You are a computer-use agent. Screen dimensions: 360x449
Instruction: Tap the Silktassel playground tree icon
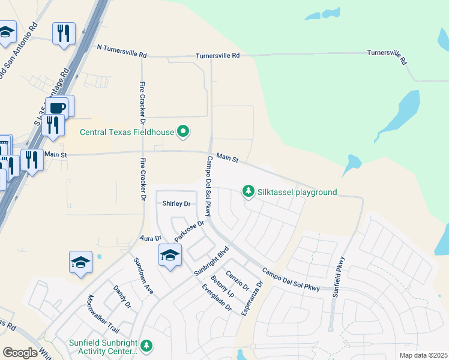tap(248, 192)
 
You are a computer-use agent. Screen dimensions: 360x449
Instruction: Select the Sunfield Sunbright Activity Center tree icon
tap(146, 346)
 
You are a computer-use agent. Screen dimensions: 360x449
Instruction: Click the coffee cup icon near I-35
tap(58, 108)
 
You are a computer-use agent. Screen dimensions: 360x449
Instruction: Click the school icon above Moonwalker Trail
tap(80, 262)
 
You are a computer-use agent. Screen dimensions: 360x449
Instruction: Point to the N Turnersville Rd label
tap(122, 54)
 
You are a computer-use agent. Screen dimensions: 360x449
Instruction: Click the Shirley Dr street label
tap(176, 204)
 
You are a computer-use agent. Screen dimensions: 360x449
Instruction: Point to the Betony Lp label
tap(222, 286)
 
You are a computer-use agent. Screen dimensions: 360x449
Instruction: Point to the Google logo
tap(20, 353)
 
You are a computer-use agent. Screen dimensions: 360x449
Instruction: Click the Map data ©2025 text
tap(421, 355)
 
